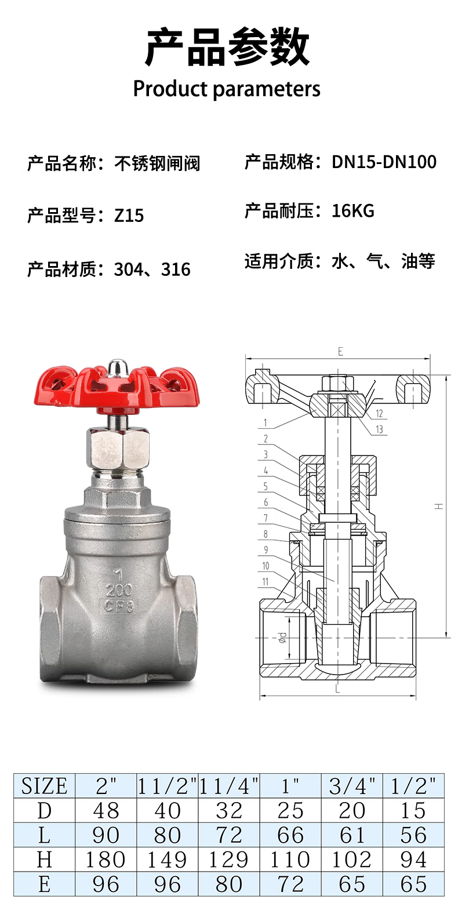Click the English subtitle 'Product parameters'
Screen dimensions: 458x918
pyautogui.click(x=227, y=89)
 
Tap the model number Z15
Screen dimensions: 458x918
pyautogui.click(x=129, y=216)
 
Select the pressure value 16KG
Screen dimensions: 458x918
pyautogui.click(x=353, y=211)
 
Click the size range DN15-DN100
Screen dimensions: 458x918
pyautogui.click(x=384, y=162)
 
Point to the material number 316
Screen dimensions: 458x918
pyautogui.click(x=176, y=269)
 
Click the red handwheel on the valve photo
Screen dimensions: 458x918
pyautogui.click(x=117, y=389)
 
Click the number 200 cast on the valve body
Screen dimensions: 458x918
pyautogui.click(x=119, y=590)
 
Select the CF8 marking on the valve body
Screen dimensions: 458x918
pyautogui.click(x=119, y=606)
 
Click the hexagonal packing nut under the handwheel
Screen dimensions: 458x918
pyautogui.click(x=118, y=449)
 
